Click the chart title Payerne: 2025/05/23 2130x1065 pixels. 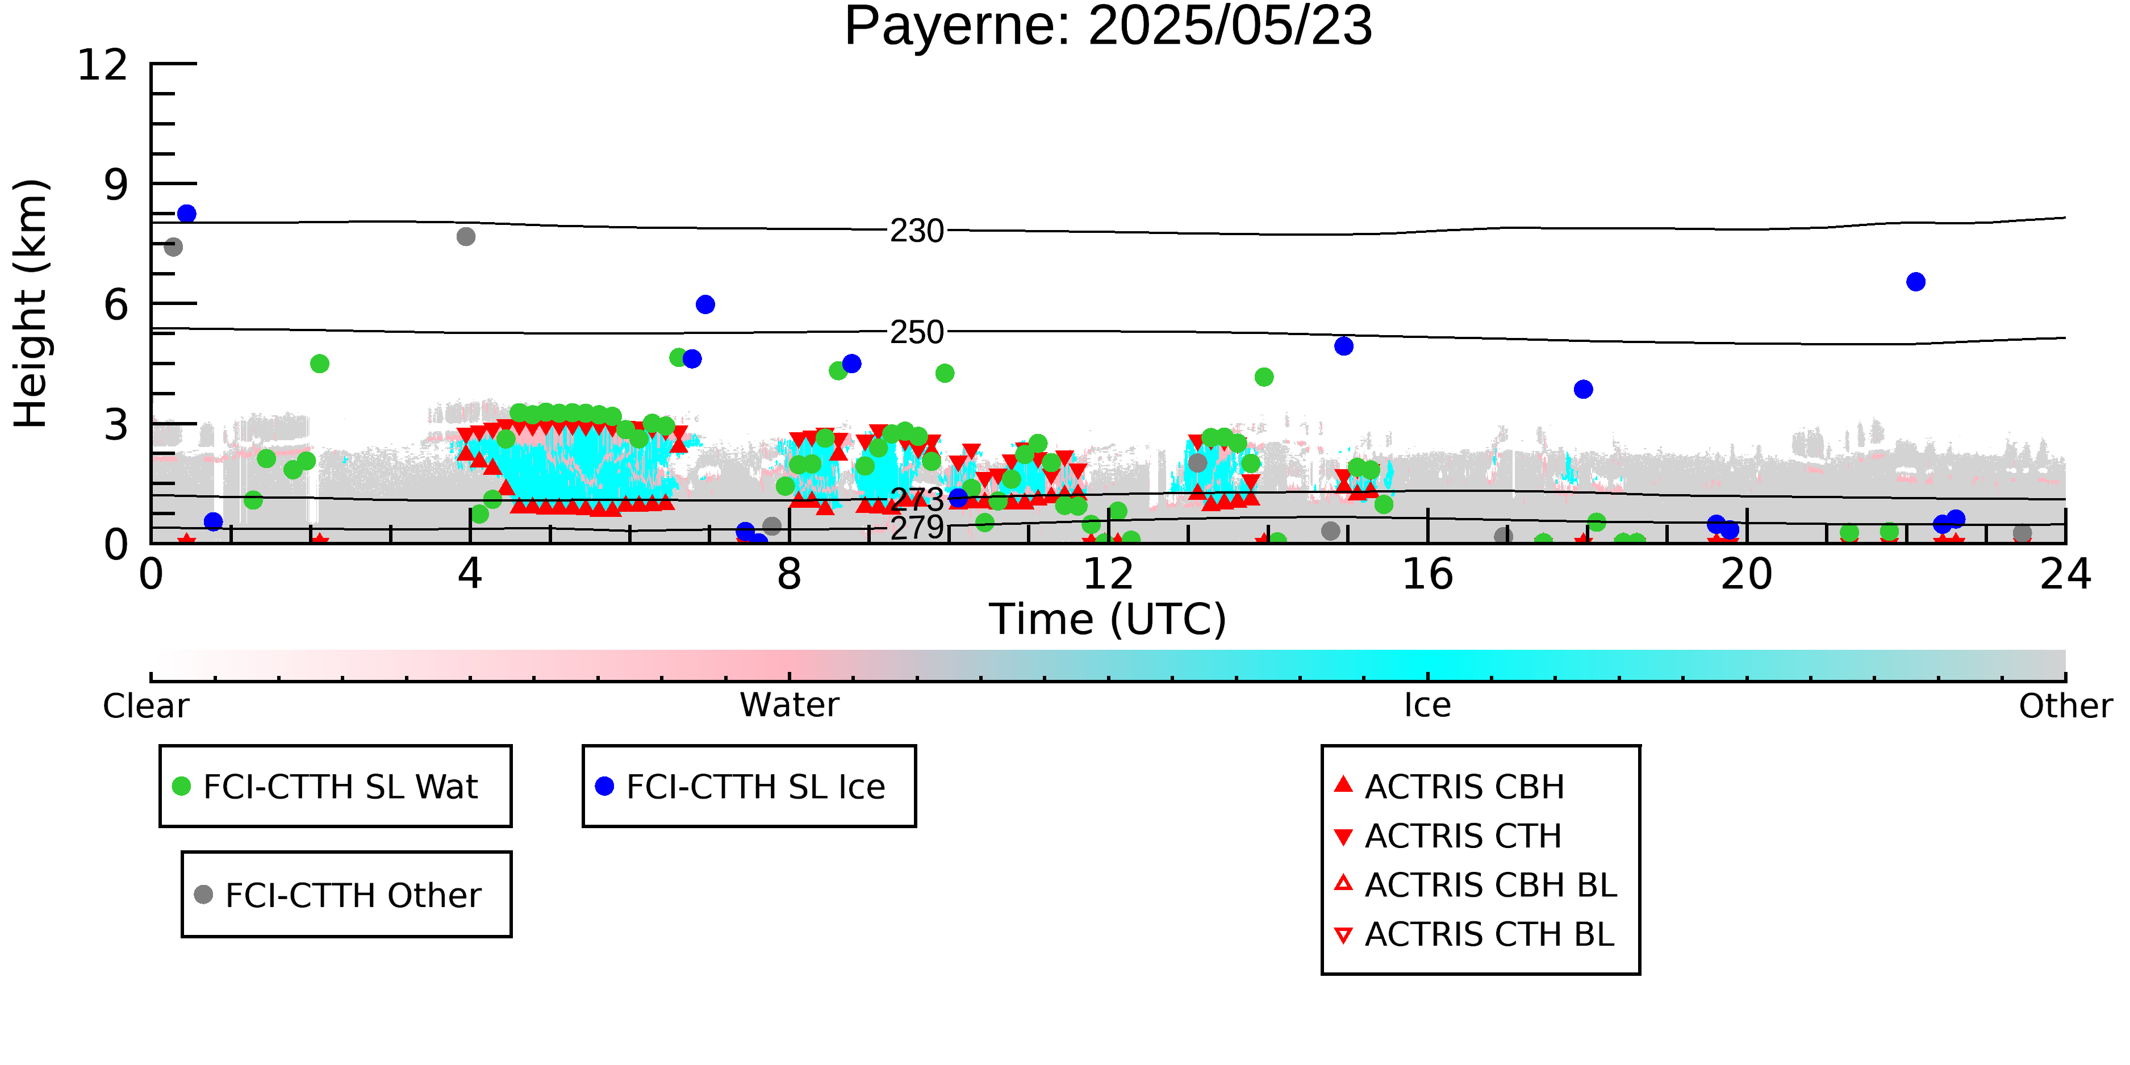(1108, 27)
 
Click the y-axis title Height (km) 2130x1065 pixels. (31, 303)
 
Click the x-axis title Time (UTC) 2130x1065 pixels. (1108, 619)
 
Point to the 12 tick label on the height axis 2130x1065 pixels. (103, 65)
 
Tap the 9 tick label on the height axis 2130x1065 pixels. (116, 185)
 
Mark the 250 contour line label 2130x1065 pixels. (917, 332)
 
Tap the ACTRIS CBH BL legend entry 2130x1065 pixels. (1476, 886)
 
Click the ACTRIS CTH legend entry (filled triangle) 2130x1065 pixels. (1448, 836)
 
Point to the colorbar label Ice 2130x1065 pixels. (1427, 705)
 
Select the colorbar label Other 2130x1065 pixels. (2065, 706)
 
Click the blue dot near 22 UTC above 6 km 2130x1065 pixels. (1916, 282)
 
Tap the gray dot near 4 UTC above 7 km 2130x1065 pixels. (466, 236)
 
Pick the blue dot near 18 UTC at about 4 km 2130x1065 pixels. (1584, 390)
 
